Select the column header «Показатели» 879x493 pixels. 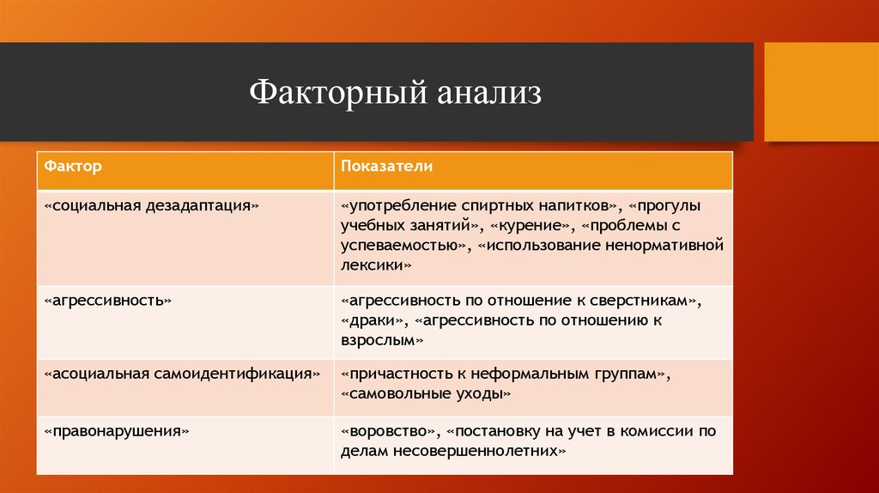coord(386,166)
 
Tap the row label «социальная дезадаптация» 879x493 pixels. coord(151,207)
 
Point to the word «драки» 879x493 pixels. coord(373,320)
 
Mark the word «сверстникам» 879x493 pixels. coord(646,301)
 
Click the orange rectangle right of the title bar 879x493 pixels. coord(821,92)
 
